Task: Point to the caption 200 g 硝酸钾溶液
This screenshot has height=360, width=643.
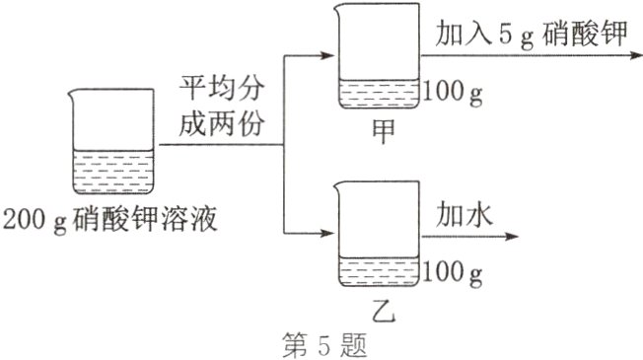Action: tap(109, 218)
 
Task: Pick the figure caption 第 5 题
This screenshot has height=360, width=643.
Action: tap(321, 344)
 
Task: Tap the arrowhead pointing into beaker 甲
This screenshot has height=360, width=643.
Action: tap(329, 57)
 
